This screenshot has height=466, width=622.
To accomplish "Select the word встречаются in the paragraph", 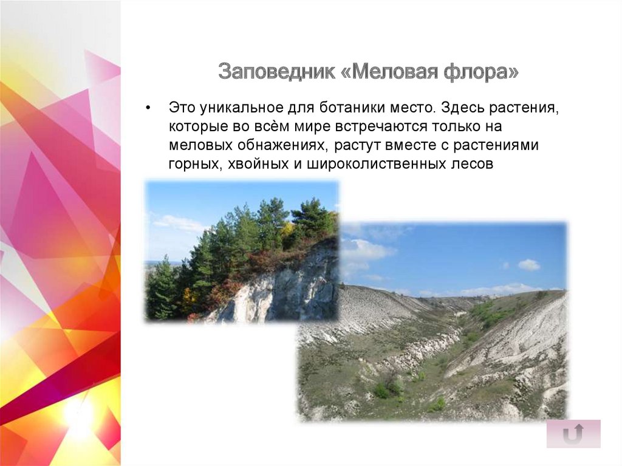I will pyautogui.click(x=383, y=127).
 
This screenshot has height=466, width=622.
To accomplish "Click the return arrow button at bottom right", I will pyautogui.click(x=573, y=434).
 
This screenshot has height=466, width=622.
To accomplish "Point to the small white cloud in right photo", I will pyautogui.click(x=528, y=264).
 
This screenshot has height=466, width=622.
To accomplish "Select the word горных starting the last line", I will pyautogui.click(x=194, y=163).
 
